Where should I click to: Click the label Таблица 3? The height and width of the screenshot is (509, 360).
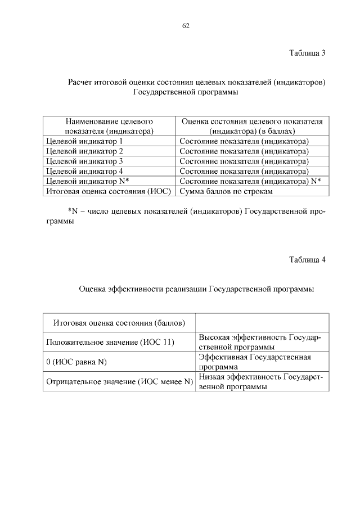click(x=307, y=53)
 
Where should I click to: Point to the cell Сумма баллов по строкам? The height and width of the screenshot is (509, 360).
click(x=226, y=191)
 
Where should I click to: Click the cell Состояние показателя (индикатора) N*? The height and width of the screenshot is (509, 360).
click(x=250, y=181)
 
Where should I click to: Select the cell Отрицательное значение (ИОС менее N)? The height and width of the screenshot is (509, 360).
click(x=119, y=381)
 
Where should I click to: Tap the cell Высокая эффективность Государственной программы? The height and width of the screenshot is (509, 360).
click(x=260, y=342)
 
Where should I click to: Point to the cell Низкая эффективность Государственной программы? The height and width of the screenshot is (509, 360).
click(x=260, y=381)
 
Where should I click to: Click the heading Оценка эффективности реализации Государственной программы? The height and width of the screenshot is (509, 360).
click(x=196, y=289)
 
